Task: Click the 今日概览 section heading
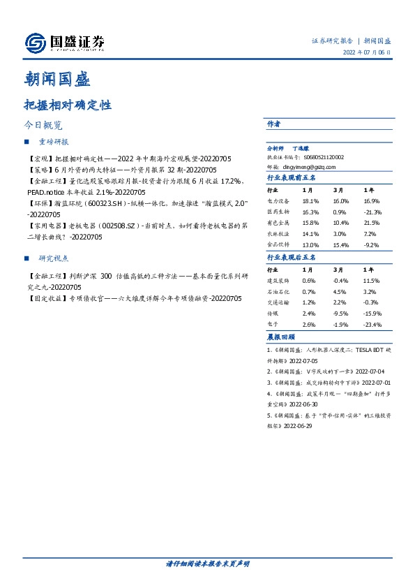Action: click(43, 126)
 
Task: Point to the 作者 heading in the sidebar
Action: click(273, 124)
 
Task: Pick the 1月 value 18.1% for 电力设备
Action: click(310, 200)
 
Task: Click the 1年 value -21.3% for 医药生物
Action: click(373, 211)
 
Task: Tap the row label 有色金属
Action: click(278, 222)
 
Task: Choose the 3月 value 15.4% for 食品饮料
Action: click(340, 245)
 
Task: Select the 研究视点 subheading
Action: click(56, 257)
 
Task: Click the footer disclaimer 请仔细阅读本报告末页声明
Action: click(207, 563)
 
